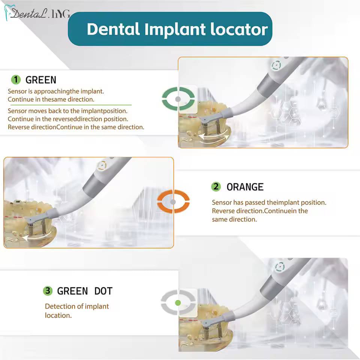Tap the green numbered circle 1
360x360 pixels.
(x=16, y=79)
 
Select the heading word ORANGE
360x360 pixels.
(x=245, y=187)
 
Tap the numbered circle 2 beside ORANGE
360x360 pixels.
(x=216, y=187)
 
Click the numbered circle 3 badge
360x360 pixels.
(x=47, y=291)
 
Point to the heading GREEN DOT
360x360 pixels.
(x=84, y=291)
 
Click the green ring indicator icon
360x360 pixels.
(x=178, y=99)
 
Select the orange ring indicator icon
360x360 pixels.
(x=173, y=202)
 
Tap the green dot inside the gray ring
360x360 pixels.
(x=178, y=303)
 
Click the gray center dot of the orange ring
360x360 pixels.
(x=173, y=202)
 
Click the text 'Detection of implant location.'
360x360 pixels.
(x=76, y=310)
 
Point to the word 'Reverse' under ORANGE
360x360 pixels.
(x=223, y=211)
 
